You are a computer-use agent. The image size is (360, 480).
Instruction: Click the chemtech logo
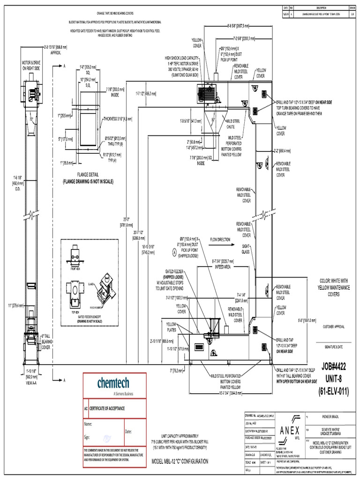click(x=114, y=383)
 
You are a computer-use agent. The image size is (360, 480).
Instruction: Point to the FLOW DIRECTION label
click(x=220, y=240)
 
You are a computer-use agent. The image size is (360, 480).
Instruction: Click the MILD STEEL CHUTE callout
click(x=234, y=124)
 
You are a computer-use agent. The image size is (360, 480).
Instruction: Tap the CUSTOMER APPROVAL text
click(x=334, y=326)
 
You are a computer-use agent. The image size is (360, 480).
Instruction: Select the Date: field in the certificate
click(x=128, y=431)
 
